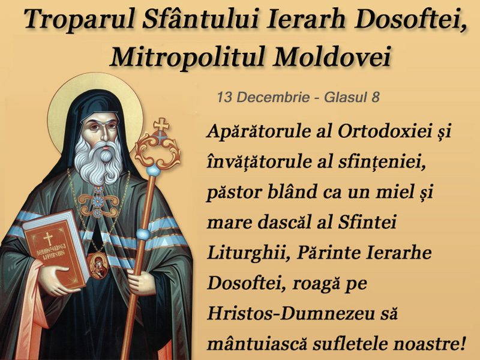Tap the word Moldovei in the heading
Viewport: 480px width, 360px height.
(332, 56)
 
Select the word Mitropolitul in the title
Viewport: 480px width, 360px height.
(187, 57)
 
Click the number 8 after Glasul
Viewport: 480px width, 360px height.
(376, 97)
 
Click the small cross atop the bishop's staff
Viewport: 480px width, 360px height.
(161, 124)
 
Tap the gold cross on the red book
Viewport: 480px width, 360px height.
(48, 238)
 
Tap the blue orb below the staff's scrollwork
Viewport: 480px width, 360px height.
(154, 170)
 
